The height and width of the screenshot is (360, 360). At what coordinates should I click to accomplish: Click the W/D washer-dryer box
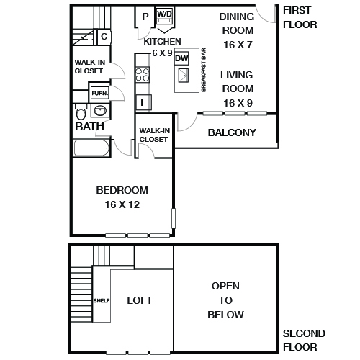(165, 14)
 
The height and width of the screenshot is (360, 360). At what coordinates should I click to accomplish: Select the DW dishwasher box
(181, 58)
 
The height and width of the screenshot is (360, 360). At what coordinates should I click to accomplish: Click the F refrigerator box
(144, 102)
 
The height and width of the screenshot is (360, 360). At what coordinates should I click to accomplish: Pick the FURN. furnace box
(99, 93)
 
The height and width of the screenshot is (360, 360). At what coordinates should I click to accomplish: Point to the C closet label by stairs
(104, 36)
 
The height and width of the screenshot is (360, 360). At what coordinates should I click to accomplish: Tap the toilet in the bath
(81, 113)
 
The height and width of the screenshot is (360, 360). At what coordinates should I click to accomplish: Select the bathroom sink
(100, 112)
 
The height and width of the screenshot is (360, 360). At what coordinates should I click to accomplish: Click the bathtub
(91, 148)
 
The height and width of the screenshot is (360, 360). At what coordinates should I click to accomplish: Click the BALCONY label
(232, 132)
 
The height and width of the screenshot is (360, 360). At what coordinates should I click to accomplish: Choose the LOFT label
(140, 300)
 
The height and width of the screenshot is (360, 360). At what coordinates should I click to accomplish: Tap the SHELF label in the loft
(101, 300)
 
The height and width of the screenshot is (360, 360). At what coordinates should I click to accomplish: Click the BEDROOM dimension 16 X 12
(122, 205)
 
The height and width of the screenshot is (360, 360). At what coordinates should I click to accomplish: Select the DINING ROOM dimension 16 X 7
(238, 45)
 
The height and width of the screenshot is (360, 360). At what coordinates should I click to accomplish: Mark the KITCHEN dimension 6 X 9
(162, 53)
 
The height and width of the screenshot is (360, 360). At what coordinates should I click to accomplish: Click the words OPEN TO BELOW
(225, 300)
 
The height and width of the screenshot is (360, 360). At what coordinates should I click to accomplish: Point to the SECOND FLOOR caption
(305, 341)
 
